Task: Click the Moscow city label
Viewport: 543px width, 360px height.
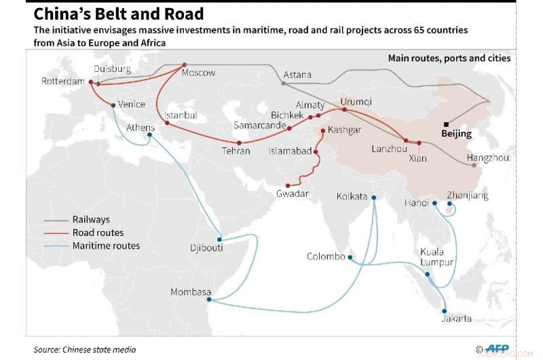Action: click(x=200, y=73)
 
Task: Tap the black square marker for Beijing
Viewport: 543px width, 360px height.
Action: click(x=446, y=124)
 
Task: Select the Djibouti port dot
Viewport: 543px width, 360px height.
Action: click(x=219, y=238)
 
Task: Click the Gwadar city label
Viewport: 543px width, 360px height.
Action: click(x=293, y=194)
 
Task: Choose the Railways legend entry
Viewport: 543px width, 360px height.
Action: click(x=91, y=220)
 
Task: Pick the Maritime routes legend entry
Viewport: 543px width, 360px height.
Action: click(x=106, y=245)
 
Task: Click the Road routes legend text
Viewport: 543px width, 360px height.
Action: click(x=98, y=233)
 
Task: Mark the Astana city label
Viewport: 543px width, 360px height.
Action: click(x=297, y=75)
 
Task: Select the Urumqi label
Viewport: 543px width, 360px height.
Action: click(x=356, y=102)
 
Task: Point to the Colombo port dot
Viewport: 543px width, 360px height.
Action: click(x=350, y=257)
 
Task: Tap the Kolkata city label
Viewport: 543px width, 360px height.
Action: click(x=352, y=197)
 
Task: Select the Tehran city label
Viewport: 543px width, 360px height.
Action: click(x=236, y=151)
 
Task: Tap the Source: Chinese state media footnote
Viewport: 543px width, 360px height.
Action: click(x=85, y=349)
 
